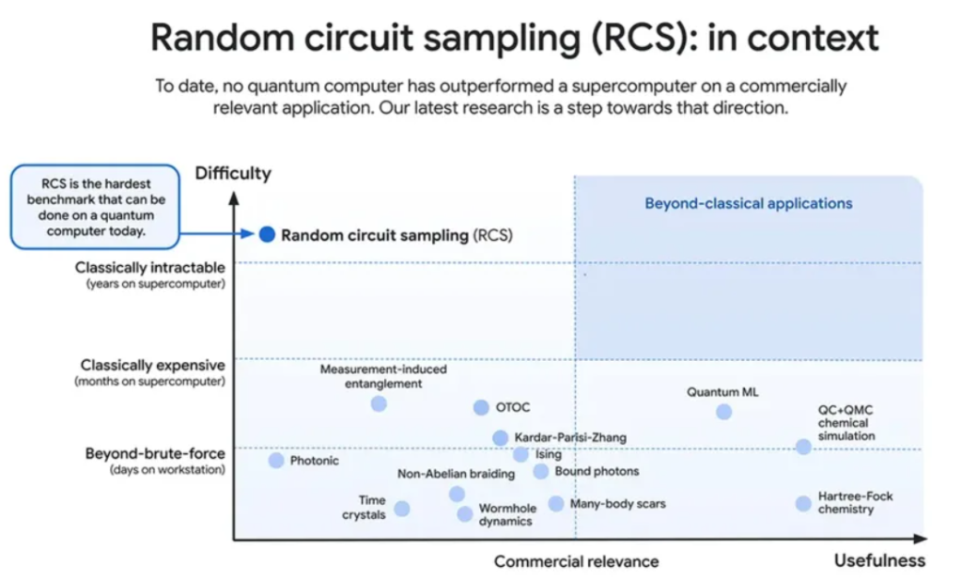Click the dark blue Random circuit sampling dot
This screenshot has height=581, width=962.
tap(267, 235)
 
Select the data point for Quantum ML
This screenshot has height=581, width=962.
tap(723, 412)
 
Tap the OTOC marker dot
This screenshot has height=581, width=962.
tap(481, 407)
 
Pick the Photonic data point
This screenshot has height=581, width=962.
tap(276, 461)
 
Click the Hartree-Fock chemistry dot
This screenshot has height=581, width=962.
tap(803, 503)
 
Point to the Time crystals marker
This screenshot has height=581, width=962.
tap(402, 509)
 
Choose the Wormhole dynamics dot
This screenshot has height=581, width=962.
tap(465, 513)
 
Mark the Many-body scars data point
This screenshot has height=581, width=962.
tap(556, 504)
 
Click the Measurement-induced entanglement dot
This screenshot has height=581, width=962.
tap(379, 403)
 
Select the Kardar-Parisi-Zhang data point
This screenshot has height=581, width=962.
tap(501, 438)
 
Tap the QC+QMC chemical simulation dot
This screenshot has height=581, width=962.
tap(803, 447)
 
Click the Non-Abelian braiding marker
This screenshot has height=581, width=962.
tap(457, 494)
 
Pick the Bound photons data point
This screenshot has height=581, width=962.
tap(541, 471)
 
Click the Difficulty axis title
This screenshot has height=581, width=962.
tap(232, 173)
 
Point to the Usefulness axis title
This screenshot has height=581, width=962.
tap(879, 560)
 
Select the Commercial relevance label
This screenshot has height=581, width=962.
tap(576, 561)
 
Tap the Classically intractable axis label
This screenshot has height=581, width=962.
tap(150, 268)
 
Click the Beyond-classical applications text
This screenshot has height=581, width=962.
tap(748, 203)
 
